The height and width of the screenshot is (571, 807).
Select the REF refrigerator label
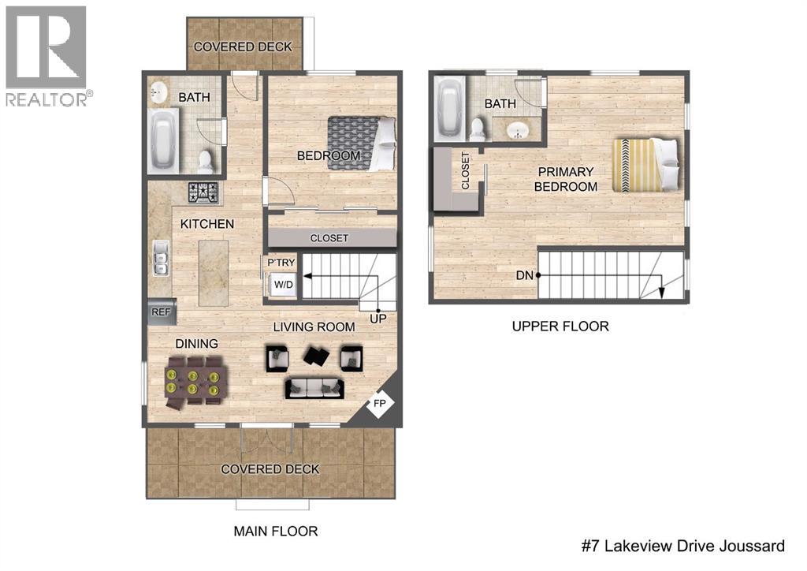[x=161, y=312]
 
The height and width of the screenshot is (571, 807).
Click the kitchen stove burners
[x=204, y=192]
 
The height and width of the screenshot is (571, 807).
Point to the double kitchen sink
[x=161, y=258]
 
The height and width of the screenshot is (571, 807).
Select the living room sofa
[x=314, y=386]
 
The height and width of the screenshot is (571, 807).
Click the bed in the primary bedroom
[x=645, y=165]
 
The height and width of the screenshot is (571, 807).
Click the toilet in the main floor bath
[x=206, y=161]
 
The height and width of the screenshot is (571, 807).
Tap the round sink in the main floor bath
[x=158, y=91]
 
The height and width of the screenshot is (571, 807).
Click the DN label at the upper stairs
[x=525, y=275]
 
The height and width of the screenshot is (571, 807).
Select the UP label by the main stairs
[x=379, y=319]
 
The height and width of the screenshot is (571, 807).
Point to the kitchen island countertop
[x=213, y=273]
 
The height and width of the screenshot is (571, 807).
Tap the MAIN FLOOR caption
[x=276, y=531]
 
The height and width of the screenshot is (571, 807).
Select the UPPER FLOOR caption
[x=560, y=326]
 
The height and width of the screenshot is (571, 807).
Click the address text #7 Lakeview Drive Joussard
[x=682, y=546]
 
